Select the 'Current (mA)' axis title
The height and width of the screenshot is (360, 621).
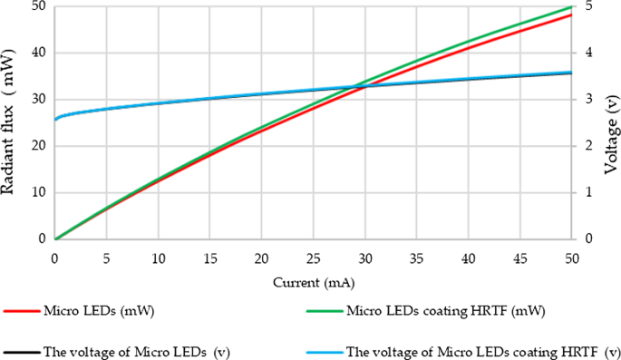coord(313,282)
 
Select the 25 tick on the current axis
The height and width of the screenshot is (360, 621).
coord(313,258)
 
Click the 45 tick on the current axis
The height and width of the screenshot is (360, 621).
coord(519,258)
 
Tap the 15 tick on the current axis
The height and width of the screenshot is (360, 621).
coord(209,258)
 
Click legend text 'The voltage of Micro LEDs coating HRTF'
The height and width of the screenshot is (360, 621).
coord(471,352)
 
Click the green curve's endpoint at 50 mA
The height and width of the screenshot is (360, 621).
coord(571,6)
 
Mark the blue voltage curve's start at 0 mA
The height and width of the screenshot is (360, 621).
coord(55,119)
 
